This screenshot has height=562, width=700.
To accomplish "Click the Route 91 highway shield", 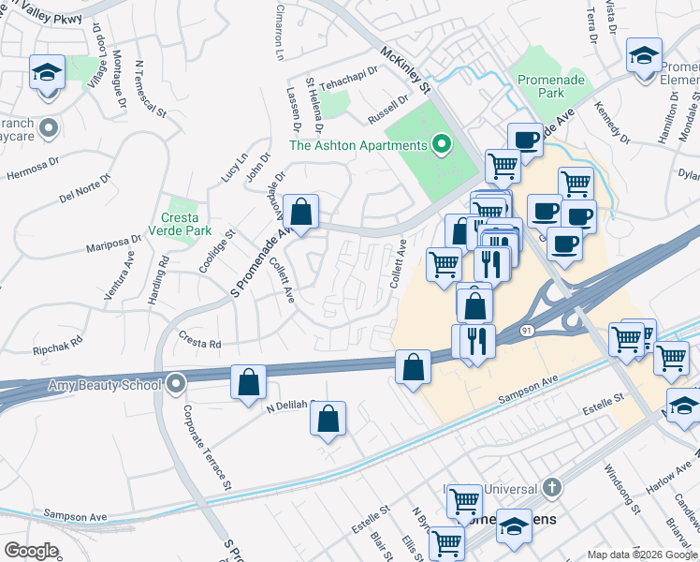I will [x=527, y=331].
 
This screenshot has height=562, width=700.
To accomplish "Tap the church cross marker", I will [x=552, y=487].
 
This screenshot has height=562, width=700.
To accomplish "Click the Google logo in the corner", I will [x=31, y=551].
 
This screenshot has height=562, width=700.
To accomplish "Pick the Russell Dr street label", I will [x=388, y=104].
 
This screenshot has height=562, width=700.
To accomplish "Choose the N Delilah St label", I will [x=293, y=407].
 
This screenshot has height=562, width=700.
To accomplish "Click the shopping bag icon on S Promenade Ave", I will [x=301, y=212].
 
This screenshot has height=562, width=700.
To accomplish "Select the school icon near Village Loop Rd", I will [x=47, y=72].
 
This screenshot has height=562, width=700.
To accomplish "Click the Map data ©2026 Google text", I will [x=641, y=554].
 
